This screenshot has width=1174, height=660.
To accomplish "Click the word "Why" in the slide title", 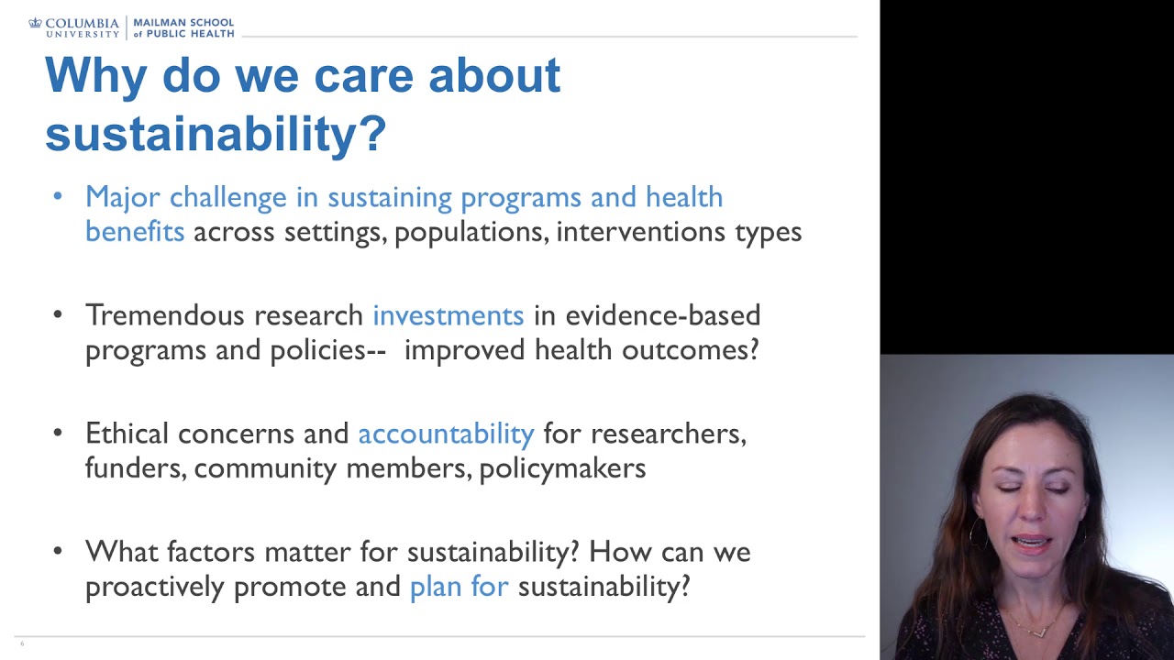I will [95, 75].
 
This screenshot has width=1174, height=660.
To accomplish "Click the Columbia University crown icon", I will [36, 23].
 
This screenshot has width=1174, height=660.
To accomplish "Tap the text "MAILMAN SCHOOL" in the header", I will [183, 22].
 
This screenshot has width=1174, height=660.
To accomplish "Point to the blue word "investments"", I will [448, 315].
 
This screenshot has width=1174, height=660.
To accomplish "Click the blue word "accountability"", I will [446, 434].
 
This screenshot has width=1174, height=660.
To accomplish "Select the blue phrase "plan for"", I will [459, 587].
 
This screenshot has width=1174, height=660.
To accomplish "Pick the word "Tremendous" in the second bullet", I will [165, 315].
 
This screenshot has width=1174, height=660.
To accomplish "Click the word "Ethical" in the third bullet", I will [127, 434].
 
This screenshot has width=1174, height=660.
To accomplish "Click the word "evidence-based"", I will [662, 315].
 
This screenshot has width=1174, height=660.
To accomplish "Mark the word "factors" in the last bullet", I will [212, 552].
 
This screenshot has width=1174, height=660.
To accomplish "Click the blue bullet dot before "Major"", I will [58, 196].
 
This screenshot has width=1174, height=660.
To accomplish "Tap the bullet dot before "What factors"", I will [58, 551].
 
